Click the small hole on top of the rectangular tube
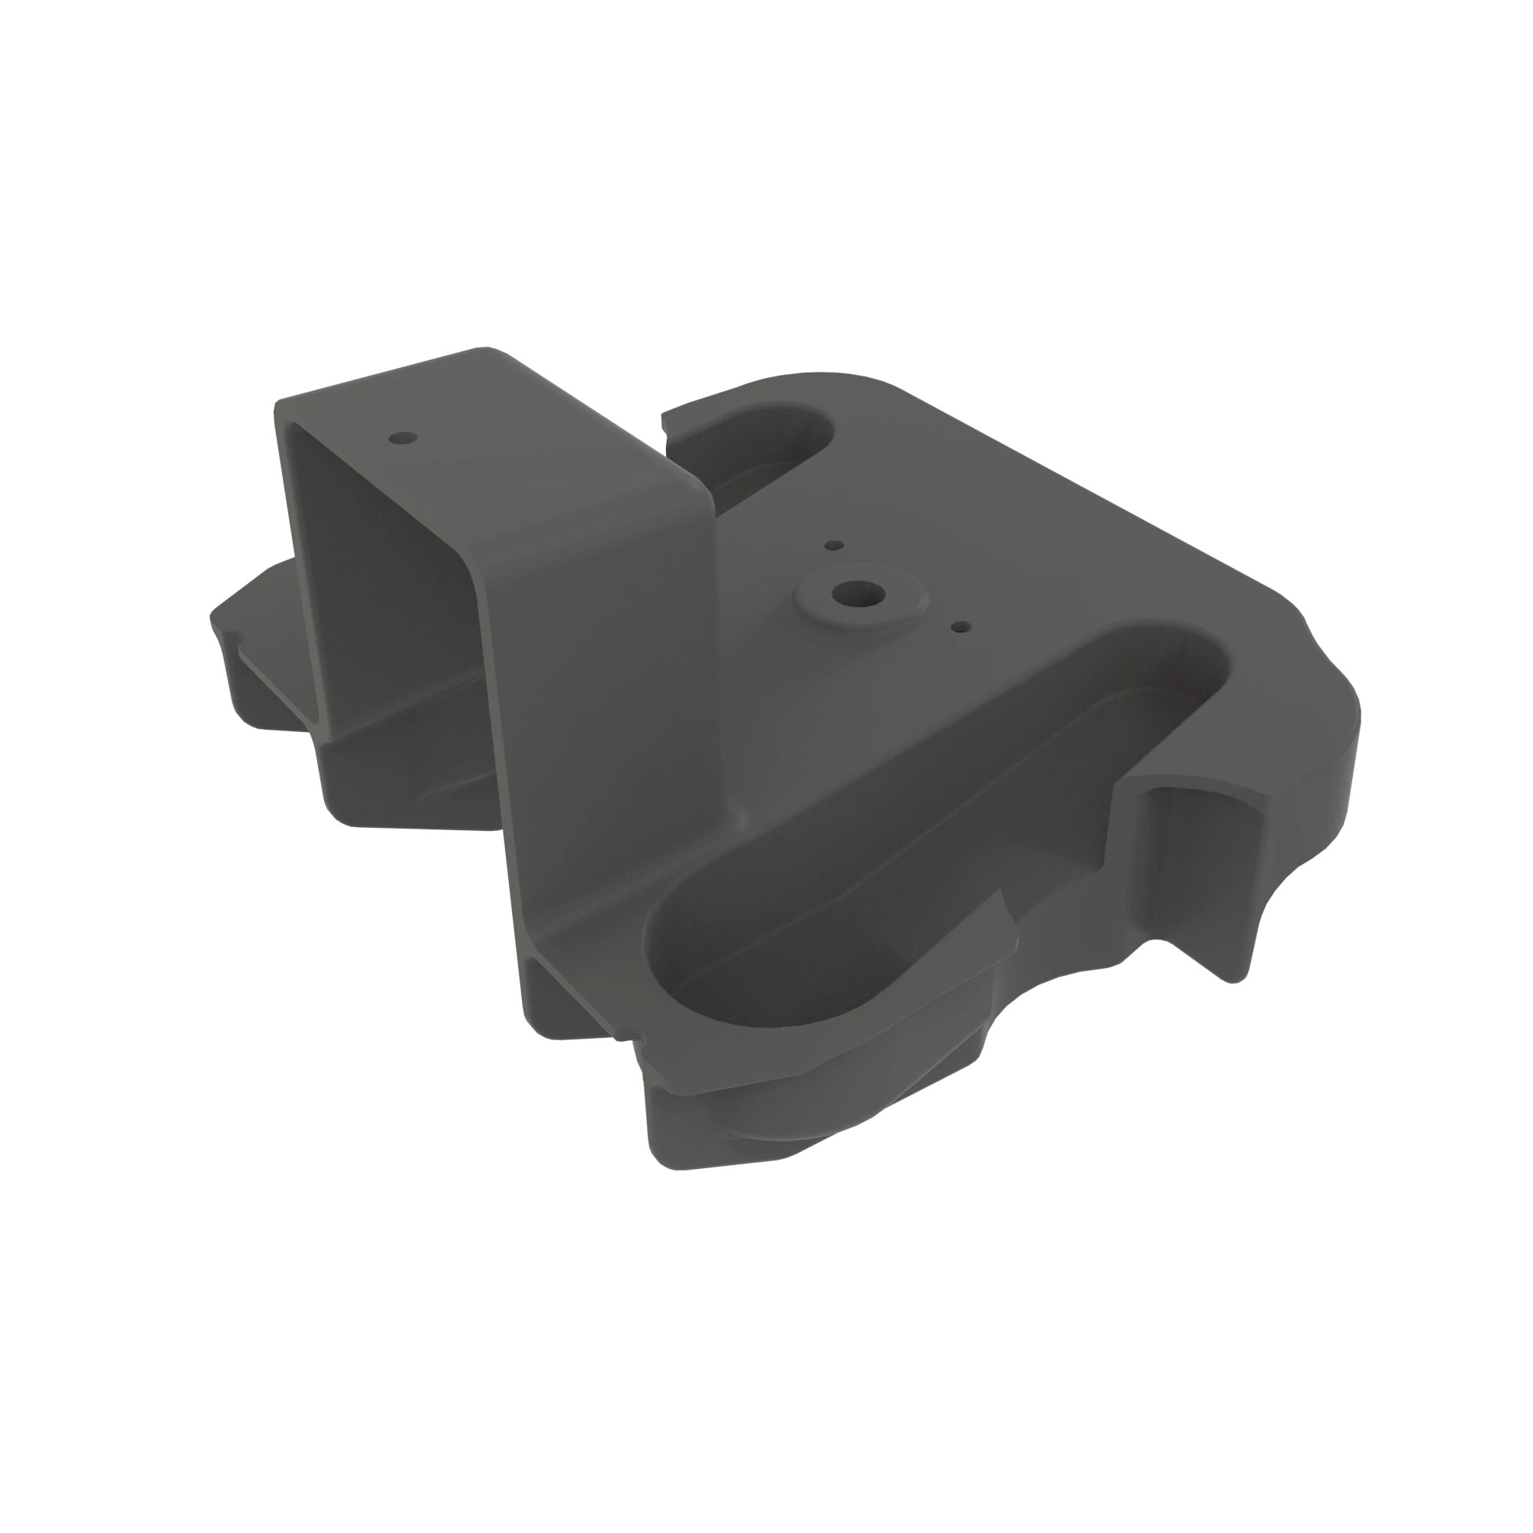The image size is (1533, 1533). pos(403,437)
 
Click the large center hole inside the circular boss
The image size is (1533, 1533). pos(858,592)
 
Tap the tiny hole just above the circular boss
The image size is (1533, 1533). pos(834,545)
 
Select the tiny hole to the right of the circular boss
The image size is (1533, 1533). pos(961,626)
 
